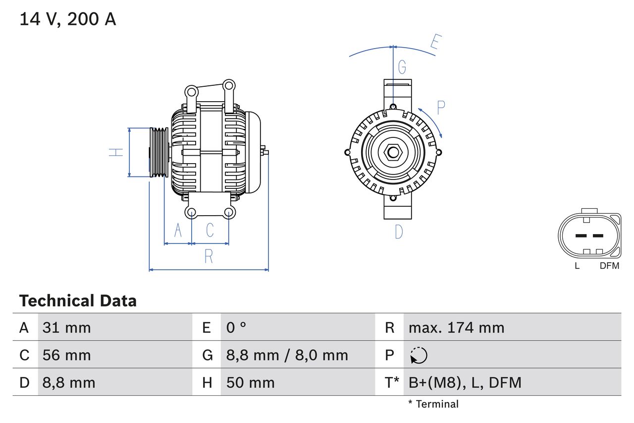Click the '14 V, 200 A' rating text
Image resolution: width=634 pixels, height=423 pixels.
[68, 19]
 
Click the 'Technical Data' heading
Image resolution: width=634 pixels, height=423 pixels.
[78, 301]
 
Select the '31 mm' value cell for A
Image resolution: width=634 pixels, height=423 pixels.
[67, 327]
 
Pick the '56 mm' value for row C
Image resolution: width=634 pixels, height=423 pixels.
[67, 355]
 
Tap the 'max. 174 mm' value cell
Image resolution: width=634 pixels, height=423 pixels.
[456, 327]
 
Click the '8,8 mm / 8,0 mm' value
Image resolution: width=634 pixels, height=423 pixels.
[287, 355]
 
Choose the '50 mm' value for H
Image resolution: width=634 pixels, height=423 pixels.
[250, 382]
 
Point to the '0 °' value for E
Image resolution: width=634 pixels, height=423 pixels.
[236, 327]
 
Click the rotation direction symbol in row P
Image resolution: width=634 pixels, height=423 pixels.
[419, 355]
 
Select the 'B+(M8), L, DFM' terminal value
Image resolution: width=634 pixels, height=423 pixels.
[465, 382]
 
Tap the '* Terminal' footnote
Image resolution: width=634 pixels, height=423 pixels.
[433, 404]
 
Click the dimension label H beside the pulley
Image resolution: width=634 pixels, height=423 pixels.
[116, 152]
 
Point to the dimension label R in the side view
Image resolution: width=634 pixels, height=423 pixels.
[209, 256]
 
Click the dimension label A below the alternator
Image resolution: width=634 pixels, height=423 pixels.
[178, 230]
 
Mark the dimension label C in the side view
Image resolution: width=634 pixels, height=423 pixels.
[210, 230]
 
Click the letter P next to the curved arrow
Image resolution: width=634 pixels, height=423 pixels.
[440, 107]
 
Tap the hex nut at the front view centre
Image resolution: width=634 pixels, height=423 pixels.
[393, 152]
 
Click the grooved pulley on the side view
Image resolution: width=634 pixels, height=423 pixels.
[159, 152]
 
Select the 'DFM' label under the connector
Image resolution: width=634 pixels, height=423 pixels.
[609, 266]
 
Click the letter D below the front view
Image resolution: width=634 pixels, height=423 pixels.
[399, 232]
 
